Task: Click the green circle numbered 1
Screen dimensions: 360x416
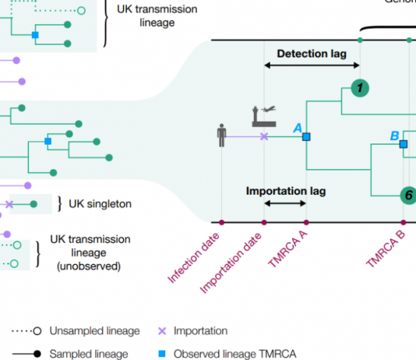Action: [359, 88]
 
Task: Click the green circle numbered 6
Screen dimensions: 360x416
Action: [406, 195]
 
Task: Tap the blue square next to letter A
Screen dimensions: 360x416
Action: [306, 136]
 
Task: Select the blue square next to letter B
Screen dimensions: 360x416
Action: [404, 143]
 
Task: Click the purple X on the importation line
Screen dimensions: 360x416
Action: [264, 136]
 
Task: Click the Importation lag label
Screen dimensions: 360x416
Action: [286, 190]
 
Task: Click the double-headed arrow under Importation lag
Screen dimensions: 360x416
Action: [285, 203]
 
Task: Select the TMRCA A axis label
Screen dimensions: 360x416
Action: [287, 249]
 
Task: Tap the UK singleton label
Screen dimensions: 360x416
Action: [99, 204]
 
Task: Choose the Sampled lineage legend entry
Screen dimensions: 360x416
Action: [79, 354]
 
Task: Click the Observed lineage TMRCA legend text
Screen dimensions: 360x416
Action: [234, 354]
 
